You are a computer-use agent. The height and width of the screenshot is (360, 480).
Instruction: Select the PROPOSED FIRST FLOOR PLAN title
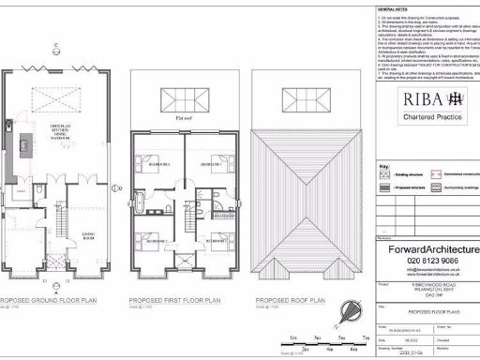[x=175, y=303]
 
